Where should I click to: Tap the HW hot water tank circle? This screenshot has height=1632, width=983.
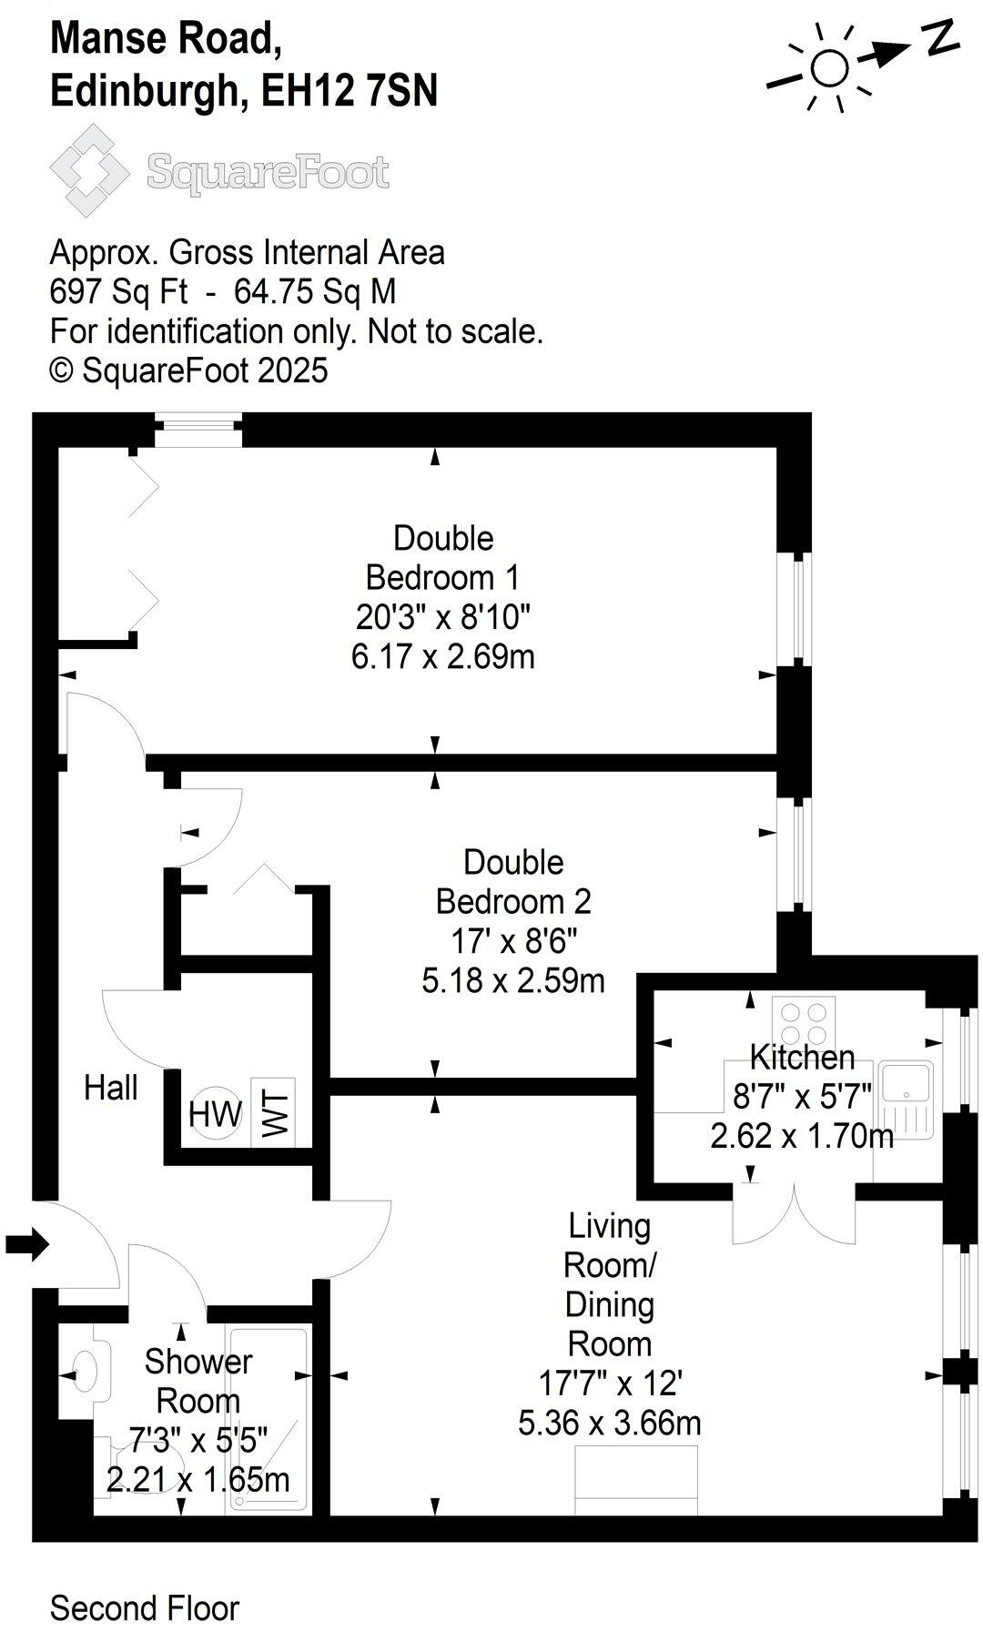(x=216, y=1113)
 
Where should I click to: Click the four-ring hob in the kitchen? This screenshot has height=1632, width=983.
(x=804, y=1023)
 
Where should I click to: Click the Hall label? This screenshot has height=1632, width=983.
(x=111, y=1088)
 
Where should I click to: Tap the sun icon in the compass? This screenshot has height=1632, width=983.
(x=828, y=67)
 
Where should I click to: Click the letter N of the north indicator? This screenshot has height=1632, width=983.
(x=940, y=38)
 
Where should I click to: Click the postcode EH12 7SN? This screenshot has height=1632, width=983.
(x=350, y=92)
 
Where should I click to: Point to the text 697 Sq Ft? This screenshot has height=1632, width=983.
(x=118, y=292)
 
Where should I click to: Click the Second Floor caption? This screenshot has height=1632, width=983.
(x=144, y=1583)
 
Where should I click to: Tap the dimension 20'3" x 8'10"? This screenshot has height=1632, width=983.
(x=442, y=617)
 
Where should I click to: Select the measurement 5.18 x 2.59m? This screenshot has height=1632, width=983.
(x=513, y=980)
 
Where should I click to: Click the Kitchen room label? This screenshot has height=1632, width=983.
(x=802, y=1058)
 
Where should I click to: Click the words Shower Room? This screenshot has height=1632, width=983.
(x=198, y=1381)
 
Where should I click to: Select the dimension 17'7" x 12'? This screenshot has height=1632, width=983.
(x=610, y=1384)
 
